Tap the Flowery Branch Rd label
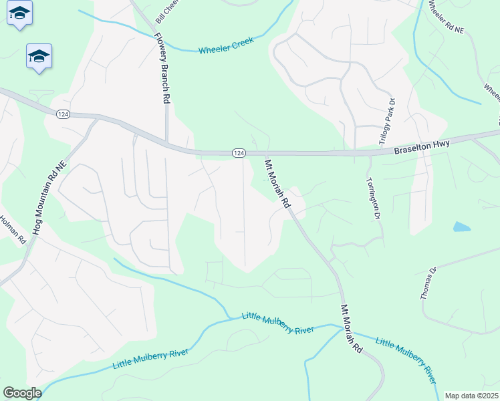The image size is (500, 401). point(161,68)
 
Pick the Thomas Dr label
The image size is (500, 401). point(428,283)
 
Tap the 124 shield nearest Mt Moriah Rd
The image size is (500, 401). point(238,153)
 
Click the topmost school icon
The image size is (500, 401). point(20,13)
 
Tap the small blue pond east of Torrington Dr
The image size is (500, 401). point(461,227)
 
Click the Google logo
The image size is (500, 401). point(21,393)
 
